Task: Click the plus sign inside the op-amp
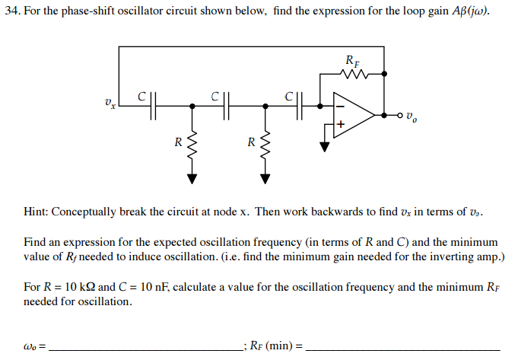341,123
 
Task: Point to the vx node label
111,102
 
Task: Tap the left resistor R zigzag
192,142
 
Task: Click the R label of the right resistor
250,142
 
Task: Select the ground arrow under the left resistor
192,179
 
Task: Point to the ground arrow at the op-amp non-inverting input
325,147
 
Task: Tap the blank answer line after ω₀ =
145,346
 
